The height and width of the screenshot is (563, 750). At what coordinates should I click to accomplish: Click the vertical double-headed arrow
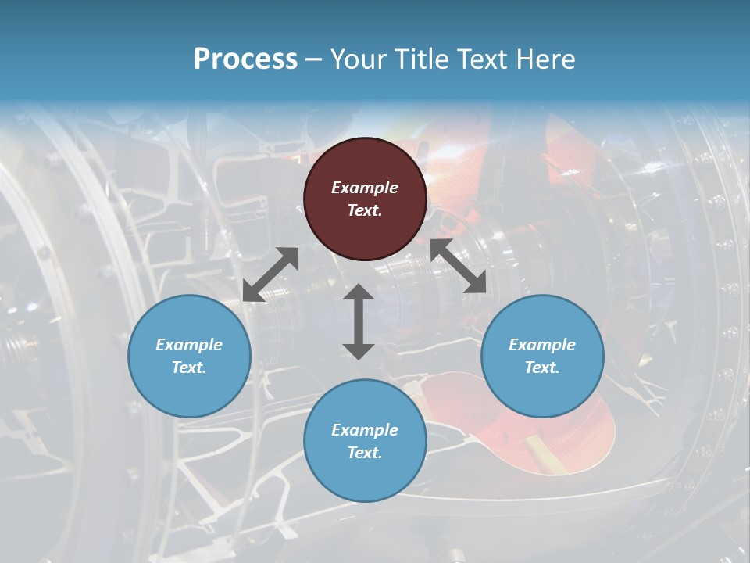(359, 321)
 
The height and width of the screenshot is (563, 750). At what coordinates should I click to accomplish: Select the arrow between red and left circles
(270, 274)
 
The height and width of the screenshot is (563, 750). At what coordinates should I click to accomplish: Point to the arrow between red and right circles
(458, 267)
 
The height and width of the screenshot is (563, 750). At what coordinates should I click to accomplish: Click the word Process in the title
(245, 59)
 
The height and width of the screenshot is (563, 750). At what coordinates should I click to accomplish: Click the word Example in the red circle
(365, 188)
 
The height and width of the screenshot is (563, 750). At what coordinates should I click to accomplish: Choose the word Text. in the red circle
(365, 210)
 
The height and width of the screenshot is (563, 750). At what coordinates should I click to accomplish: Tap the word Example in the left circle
(189, 345)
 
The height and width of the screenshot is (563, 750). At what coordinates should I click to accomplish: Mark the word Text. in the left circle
(189, 368)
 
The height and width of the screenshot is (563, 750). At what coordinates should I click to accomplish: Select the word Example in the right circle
(542, 345)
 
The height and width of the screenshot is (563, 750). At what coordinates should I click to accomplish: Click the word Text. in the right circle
(542, 368)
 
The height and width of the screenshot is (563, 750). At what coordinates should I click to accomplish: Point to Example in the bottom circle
(365, 430)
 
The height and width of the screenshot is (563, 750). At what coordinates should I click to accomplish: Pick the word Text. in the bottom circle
(365, 453)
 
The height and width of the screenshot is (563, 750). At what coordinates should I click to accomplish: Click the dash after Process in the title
(314, 59)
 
